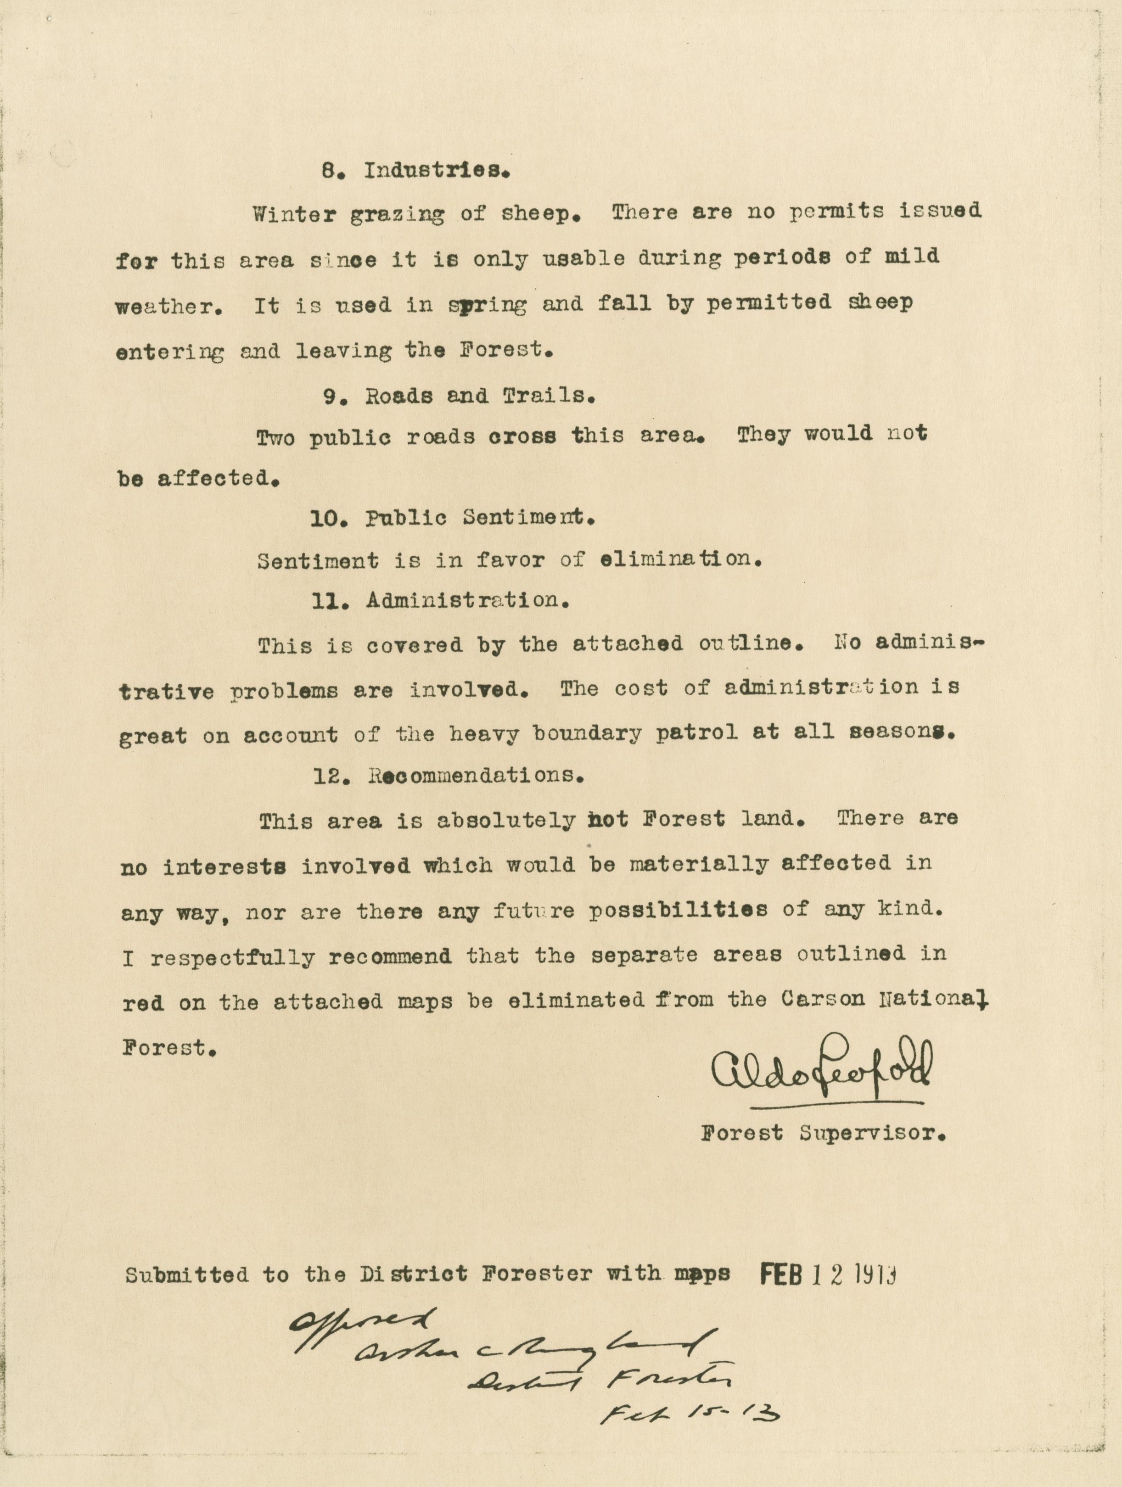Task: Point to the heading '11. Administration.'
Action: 442,600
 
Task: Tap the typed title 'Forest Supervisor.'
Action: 824,1134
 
